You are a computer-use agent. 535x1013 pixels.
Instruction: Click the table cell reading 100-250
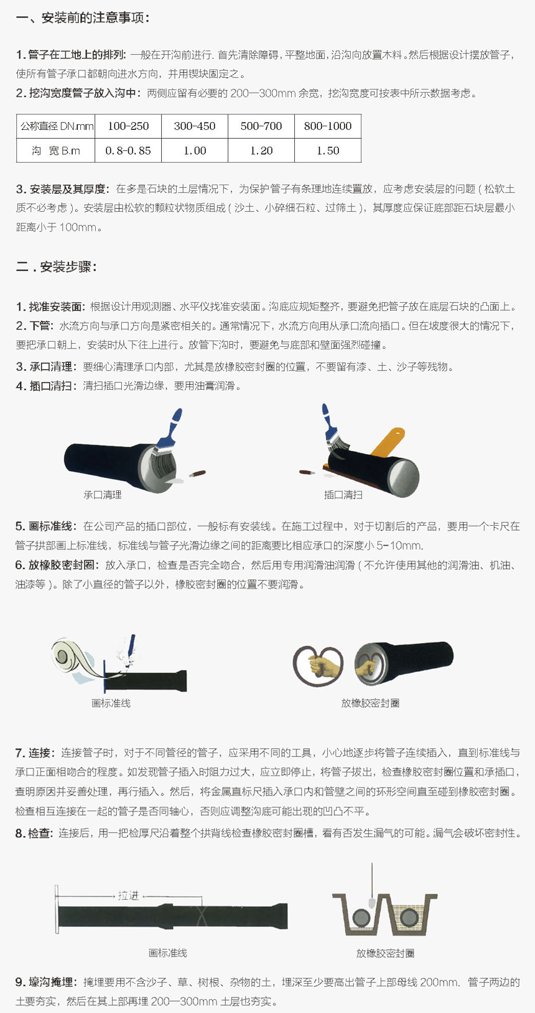click(x=128, y=126)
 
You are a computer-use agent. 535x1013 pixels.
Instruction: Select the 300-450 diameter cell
click(x=195, y=126)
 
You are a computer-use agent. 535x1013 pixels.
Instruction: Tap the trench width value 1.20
click(x=261, y=150)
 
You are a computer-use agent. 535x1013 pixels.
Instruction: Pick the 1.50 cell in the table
click(x=328, y=150)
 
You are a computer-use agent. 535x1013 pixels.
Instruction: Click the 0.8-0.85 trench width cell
click(x=128, y=150)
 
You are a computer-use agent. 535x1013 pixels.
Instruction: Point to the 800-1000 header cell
click(x=328, y=126)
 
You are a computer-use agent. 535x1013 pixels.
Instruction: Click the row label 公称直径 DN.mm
click(x=56, y=126)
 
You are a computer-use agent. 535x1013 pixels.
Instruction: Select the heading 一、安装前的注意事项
click(x=82, y=18)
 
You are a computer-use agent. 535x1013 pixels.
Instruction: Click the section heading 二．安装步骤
click(x=57, y=267)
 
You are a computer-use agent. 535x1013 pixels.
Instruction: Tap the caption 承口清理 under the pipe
click(x=103, y=495)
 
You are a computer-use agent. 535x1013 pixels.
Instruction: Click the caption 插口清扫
click(x=343, y=495)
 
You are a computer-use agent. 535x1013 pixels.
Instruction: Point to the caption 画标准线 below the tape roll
click(x=111, y=704)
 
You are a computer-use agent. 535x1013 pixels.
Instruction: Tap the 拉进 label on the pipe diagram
click(x=128, y=896)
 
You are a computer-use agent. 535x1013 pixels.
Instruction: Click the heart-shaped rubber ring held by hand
click(x=318, y=666)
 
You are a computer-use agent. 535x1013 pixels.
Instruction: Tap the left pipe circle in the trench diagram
click(x=361, y=919)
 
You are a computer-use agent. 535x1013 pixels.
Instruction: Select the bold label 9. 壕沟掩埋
click(x=44, y=983)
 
